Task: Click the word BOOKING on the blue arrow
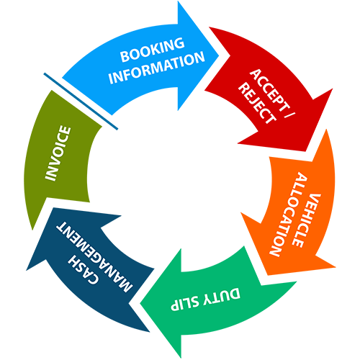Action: (x=153, y=50)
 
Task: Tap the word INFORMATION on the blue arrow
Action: (x=157, y=68)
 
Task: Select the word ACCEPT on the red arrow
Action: (x=268, y=90)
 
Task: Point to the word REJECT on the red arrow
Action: (x=257, y=103)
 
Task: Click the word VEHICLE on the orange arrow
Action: (x=307, y=220)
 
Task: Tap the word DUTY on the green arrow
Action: (x=222, y=297)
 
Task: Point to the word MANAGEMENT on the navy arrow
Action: (x=94, y=256)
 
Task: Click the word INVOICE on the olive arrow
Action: (x=58, y=153)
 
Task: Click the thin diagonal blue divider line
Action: (x=81, y=102)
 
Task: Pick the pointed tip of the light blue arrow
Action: (x=219, y=56)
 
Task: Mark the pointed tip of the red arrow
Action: (x=306, y=152)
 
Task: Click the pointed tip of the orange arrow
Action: (x=268, y=275)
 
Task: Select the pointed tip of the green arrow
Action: (x=140, y=305)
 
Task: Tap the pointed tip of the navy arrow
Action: (x=53, y=207)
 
